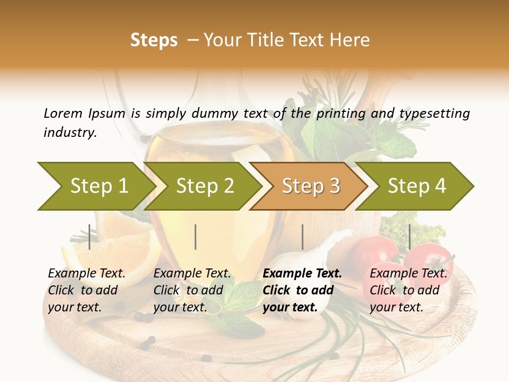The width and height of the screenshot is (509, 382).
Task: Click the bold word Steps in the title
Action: coord(154,40)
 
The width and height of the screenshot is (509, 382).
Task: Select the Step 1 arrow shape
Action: coord(95,186)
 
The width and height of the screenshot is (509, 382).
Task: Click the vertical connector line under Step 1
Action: coord(90,237)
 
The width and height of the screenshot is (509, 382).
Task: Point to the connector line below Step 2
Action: coord(196,237)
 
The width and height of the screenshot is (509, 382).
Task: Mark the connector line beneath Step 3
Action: coord(302,237)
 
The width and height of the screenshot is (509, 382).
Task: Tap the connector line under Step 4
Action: coord(409,237)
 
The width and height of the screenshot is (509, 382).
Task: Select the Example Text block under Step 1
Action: coord(86,290)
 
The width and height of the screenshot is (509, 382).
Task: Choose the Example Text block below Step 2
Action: coord(192,290)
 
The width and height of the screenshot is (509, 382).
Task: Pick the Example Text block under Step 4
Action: coord(408,290)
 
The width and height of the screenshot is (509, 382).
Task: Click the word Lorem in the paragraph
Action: coord(63,113)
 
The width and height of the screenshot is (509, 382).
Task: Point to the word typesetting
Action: coord(434,114)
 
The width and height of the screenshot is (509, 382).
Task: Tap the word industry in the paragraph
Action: coord(69,133)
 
